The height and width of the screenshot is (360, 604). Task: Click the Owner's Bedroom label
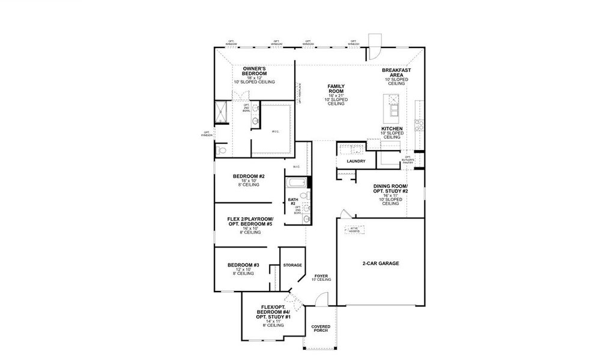click(255, 71)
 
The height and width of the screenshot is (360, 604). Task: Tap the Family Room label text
click(336, 89)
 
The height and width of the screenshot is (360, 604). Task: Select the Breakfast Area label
click(396, 73)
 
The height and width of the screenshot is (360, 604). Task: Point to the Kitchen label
click(391, 129)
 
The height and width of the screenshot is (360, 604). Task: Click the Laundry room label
click(356, 161)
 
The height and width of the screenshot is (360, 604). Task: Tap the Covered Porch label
click(321, 329)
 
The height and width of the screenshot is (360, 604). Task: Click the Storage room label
click(292, 265)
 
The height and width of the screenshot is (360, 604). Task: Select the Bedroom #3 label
click(243, 265)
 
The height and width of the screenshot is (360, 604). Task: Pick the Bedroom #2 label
click(249, 176)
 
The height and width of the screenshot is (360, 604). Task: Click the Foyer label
click(321, 277)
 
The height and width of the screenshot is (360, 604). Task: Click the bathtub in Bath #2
click(296, 183)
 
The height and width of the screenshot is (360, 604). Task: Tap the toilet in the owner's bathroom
click(220, 150)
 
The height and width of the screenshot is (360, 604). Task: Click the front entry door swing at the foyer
click(322, 298)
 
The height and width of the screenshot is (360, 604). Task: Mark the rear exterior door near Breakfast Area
click(373, 47)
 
